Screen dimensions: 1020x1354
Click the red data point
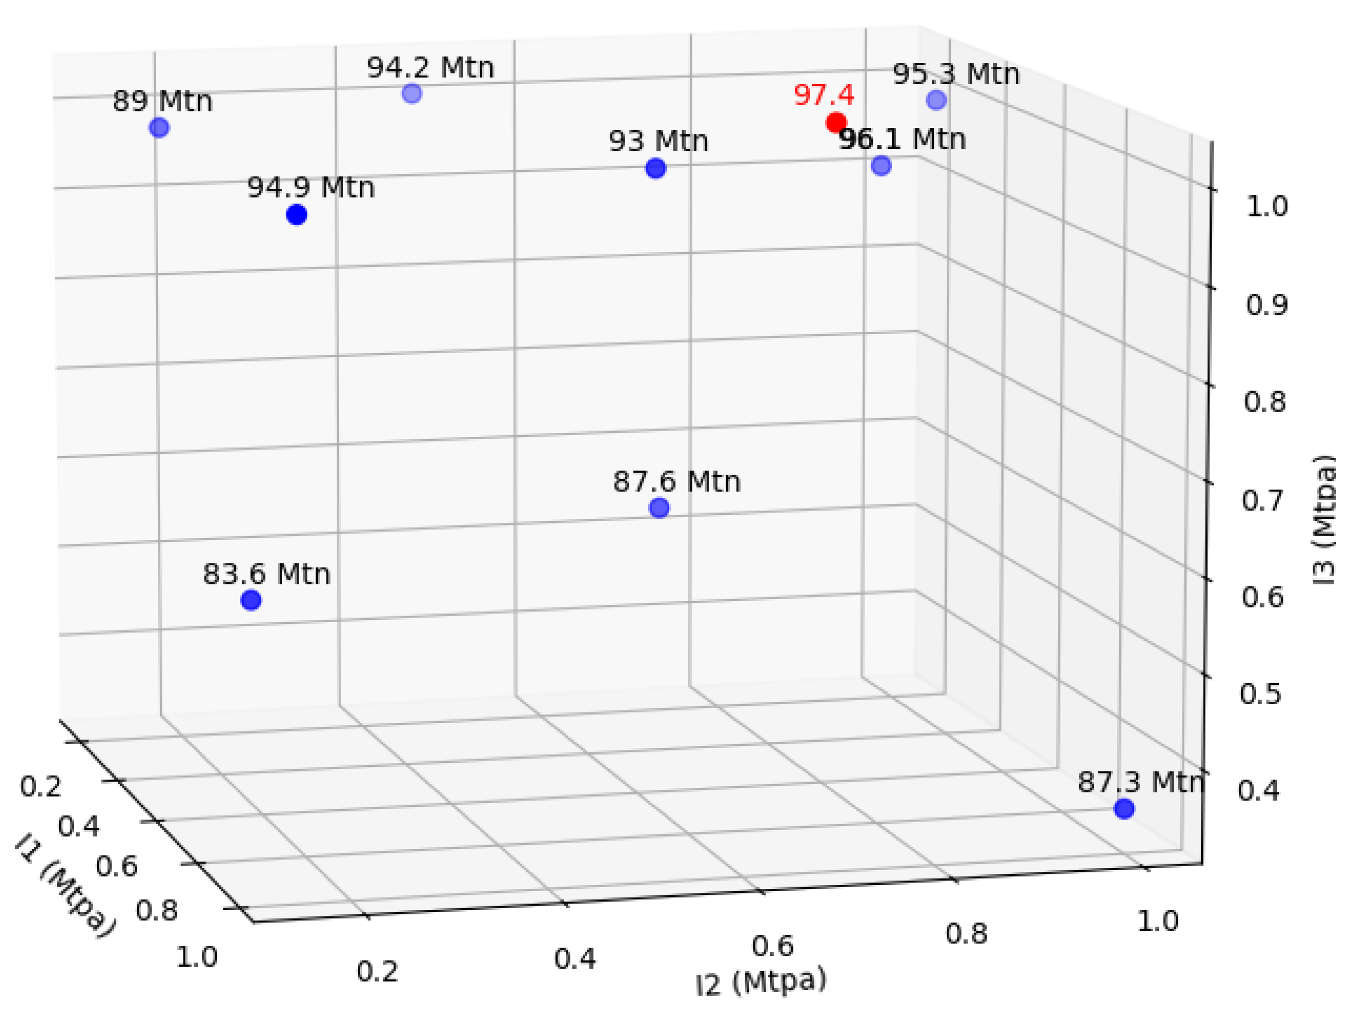[836, 123]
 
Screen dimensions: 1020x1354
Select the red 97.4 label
[823, 95]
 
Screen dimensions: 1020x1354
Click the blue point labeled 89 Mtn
[159, 128]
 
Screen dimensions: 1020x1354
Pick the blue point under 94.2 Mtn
[412, 94]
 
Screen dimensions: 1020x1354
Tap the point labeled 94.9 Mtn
[297, 215]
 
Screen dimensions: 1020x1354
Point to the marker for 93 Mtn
[655, 168]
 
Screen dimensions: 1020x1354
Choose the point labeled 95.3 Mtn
[936, 100]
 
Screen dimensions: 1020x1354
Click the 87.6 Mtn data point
[659, 508]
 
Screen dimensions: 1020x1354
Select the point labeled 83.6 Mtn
[251, 600]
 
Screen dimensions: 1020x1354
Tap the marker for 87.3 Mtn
[1124, 809]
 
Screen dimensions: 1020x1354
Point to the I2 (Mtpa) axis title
[761, 982]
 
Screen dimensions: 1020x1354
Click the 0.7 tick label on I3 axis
[1262, 501]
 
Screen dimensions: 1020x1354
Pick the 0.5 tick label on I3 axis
[1260, 695]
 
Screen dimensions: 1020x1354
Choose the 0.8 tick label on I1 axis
[156, 911]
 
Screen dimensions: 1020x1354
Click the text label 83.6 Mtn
[266, 574]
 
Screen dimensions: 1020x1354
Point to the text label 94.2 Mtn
[430, 67]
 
